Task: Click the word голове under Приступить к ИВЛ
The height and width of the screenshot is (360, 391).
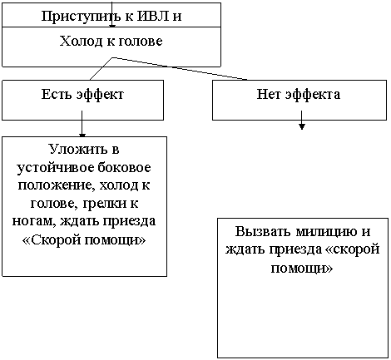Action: click(141, 42)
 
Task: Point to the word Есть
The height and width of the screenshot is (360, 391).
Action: click(57, 94)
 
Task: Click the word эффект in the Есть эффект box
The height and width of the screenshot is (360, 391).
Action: click(100, 95)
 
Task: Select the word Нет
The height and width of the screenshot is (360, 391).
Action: click(269, 94)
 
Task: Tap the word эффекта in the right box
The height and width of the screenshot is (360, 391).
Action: click(313, 95)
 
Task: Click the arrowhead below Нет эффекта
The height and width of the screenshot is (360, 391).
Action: click(302, 126)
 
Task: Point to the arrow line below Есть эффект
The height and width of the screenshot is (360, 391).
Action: click(82, 124)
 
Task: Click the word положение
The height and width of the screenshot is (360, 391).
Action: click(55, 185)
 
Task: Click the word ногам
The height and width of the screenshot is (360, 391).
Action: click(34, 222)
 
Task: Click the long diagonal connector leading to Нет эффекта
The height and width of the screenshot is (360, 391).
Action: click(180, 68)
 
